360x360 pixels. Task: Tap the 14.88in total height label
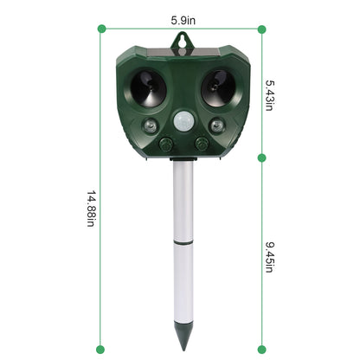91,209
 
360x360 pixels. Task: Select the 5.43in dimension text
270,92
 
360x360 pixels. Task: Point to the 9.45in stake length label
270,255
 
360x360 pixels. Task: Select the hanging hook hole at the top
182,38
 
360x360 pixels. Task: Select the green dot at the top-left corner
103,29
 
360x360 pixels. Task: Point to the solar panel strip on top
182,49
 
